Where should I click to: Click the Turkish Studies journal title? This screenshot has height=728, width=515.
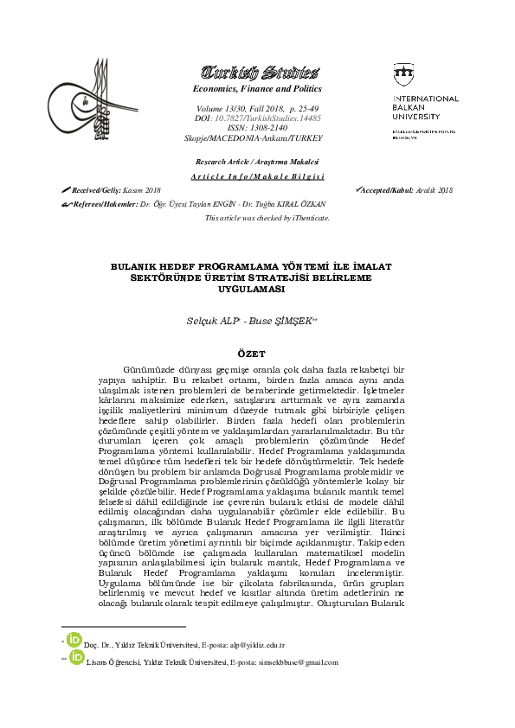tap(256, 72)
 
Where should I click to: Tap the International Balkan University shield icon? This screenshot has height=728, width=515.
tap(403, 75)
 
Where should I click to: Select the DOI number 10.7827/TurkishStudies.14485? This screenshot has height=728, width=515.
tap(272, 118)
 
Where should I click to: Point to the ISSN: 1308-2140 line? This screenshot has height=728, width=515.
tap(256, 128)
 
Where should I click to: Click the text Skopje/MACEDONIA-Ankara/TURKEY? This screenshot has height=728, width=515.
tap(256, 138)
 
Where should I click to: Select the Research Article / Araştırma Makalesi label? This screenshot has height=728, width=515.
tap(256, 163)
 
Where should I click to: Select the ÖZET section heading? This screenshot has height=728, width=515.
tap(256, 354)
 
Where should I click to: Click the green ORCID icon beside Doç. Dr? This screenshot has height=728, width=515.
tap(74, 642)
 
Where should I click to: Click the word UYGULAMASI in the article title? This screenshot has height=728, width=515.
tap(256, 290)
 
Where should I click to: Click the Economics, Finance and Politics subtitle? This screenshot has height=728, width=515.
tap(256, 88)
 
